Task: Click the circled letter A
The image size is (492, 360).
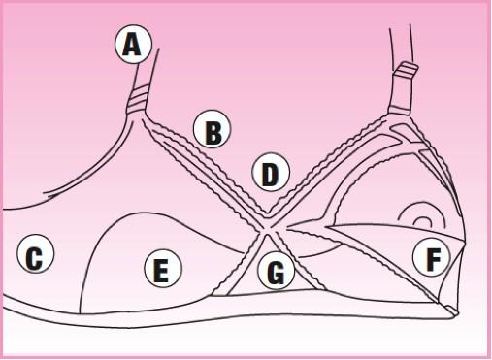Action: coord(134,44)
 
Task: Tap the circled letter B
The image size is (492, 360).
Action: coord(212,130)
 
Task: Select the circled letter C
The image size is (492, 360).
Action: coord(35,256)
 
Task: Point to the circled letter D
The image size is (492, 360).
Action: coord(271,174)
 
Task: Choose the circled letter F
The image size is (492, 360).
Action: coord(430,257)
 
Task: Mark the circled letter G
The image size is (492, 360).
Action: coord(277,273)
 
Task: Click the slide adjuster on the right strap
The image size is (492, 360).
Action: coord(406,74)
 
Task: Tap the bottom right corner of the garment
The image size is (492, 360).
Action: coord(452,311)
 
